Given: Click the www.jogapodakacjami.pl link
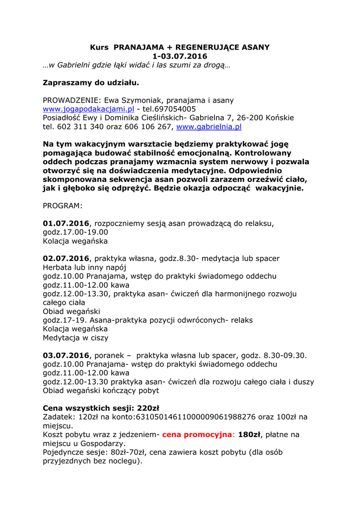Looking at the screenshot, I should click(88, 109).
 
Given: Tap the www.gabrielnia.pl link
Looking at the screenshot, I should click(209, 127).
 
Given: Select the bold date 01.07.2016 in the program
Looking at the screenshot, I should click(66, 223).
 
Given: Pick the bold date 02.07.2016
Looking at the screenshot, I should click(66, 258).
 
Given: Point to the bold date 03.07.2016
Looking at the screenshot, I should click(66, 355).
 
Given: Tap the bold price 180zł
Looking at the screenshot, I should click(249, 435).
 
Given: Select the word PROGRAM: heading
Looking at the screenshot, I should click(63, 205).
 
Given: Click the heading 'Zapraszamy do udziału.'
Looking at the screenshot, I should click(91, 82).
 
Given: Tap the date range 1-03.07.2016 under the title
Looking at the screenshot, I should click(180, 57).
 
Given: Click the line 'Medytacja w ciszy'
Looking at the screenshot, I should click(75, 338).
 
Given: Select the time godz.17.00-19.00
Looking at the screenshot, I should click(75, 232).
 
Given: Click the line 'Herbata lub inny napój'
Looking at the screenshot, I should click(84, 267).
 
